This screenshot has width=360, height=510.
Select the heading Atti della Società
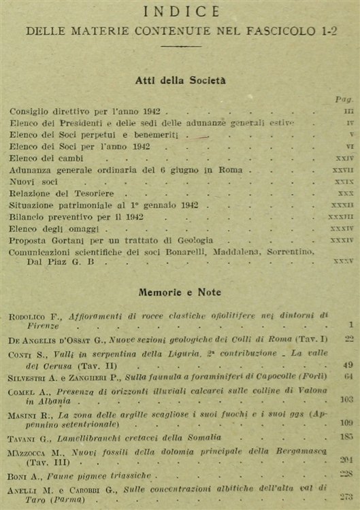click(x=179, y=80)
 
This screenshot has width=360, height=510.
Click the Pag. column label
click(x=343, y=99)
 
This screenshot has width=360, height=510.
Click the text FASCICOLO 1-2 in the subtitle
click(x=290, y=31)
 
